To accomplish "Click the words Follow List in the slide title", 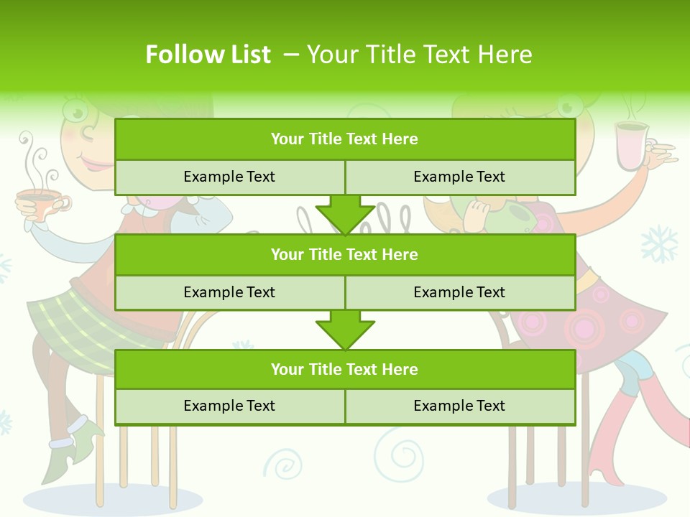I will (208, 55).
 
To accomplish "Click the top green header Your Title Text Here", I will (344, 139).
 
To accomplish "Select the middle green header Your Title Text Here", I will (344, 254).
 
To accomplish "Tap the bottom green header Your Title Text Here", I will (344, 369).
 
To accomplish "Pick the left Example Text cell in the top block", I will (229, 177).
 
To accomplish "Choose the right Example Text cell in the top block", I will (459, 177).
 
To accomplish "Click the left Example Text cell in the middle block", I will (229, 292).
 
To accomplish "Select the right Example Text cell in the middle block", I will (459, 292).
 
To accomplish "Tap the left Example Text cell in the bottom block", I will (229, 406).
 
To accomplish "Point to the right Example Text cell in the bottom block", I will (459, 406).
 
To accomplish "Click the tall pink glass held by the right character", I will (631, 146).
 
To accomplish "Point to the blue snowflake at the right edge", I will (658, 244).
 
